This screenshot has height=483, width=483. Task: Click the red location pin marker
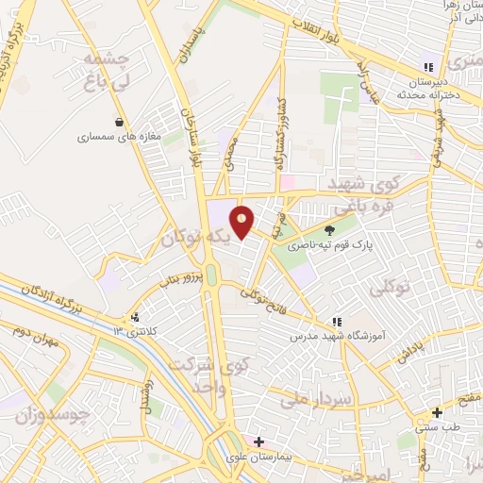click(x=242, y=221)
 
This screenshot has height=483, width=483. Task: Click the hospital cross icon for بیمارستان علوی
click(x=258, y=441)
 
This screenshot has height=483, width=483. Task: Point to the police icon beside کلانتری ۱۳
click(x=137, y=317)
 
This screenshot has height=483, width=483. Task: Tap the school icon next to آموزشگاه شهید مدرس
click(x=337, y=322)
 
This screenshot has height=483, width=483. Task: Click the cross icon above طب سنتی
click(x=437, y=412)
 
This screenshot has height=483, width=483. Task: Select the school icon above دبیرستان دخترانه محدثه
click(x=429, y=66)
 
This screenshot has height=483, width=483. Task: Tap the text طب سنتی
click(x=438, y=427)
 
